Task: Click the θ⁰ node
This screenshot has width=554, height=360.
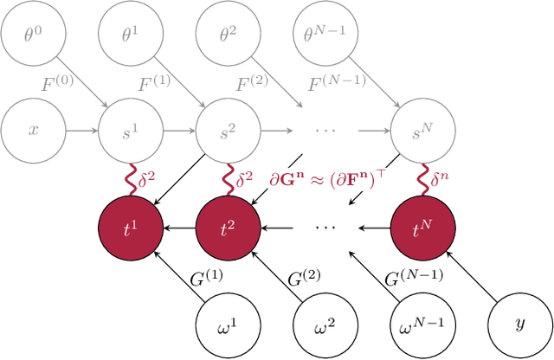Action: tap(32, 34)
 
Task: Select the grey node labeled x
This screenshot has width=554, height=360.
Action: tap(32, 132)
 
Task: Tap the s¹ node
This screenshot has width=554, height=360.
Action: tap(130, 132)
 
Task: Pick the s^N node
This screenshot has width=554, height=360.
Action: tap(423, 132)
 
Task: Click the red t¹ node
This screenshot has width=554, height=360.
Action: tap(130, 228)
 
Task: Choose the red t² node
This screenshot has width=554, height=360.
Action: tap(228, 228)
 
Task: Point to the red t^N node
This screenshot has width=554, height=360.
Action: tap(423, 228)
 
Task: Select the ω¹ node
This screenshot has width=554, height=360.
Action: tap(228, 326)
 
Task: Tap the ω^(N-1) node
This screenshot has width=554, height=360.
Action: tap(423, 326)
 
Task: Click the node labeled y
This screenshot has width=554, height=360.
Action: tap(520, 326)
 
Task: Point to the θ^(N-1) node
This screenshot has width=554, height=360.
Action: tap(325, 34)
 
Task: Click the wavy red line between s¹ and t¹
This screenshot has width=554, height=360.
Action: tap(130, 180)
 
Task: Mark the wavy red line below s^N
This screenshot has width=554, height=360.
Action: tap(423, 180)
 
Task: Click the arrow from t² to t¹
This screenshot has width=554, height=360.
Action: tap(178, 228)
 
